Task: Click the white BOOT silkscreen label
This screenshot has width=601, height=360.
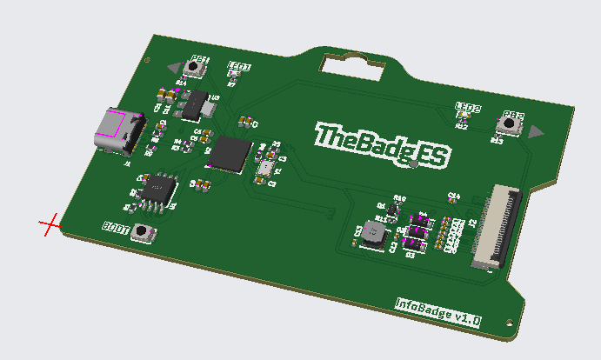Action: (x=116, y=228)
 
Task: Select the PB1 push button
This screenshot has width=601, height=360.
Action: (x=197, y=65)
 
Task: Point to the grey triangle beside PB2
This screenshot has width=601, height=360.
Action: (x=535, y=131)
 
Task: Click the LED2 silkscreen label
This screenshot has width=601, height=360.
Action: (x=469, y=108)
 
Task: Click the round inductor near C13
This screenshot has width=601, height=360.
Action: (x=375, y=234)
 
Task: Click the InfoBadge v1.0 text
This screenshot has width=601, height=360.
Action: (x=438, y=310)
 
